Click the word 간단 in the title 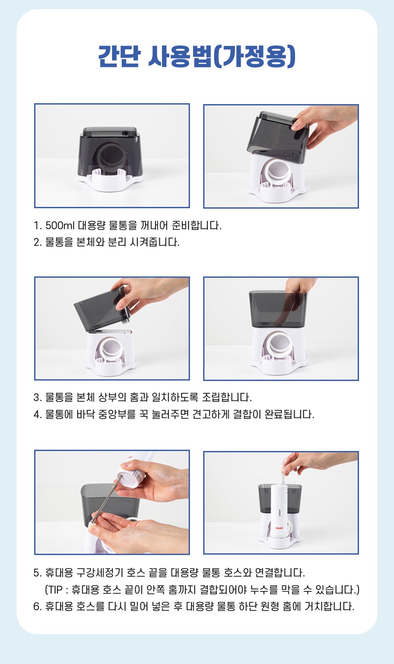pyautogui.click(x=119, y=56)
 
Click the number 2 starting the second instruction pyautogui.click(x=37, y=242)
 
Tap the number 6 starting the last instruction pyautogui.click(x=37, y=607)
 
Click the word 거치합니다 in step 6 pyautogui.click(x=329, y=607)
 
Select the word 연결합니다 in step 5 pyautogui.click(x=279, y=573)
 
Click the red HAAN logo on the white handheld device pyautogui.click(x=279, y=528)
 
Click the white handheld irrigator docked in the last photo pyautogui.click(x=279, y=510)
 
